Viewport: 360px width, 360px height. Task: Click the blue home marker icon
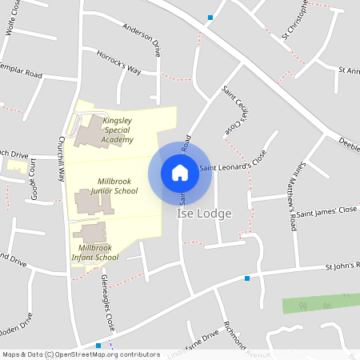[x=180, y=172]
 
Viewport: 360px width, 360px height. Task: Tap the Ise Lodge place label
[x=203, y=214]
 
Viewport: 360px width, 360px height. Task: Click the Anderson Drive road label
[x=142, y=39]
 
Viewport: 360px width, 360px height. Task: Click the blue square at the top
[x=210, y=17]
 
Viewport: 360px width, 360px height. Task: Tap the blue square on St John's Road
[x=247, y=278]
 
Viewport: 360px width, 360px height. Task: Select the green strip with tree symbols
[x=320, y=305]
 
